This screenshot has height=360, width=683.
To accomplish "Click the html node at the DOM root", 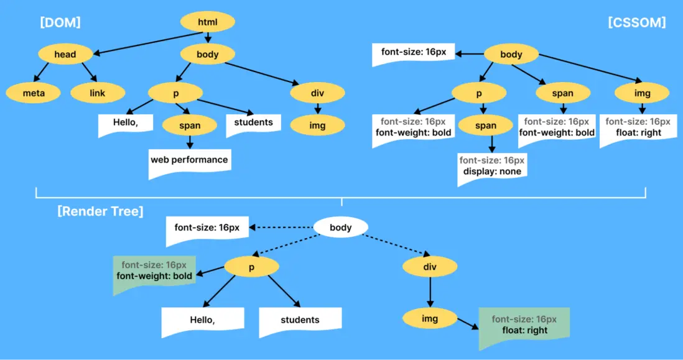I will point(208,23).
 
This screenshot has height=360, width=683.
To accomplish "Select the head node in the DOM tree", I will point(65,54).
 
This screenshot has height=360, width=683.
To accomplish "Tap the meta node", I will point(34,93).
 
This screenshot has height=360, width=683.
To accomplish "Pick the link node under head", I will point(98,93).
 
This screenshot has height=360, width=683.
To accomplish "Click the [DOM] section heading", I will point(60,23).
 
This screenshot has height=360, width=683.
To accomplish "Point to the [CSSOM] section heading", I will point(636,23).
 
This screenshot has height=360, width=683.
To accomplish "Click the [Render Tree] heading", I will point(100,211).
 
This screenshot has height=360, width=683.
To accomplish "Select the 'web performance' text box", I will point(189,160).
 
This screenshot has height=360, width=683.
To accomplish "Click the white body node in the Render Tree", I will point(341,228).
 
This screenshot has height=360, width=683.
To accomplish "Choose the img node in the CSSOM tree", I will point(643,93).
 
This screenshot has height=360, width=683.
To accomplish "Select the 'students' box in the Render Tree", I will point(300,320).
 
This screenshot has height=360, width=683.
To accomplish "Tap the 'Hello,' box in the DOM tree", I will point(125,123).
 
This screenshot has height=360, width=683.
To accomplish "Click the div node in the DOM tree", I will point(317,93).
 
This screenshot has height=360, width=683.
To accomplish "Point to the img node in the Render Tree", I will point(430,319).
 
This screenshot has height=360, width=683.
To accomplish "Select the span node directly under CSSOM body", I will point(562,93).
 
